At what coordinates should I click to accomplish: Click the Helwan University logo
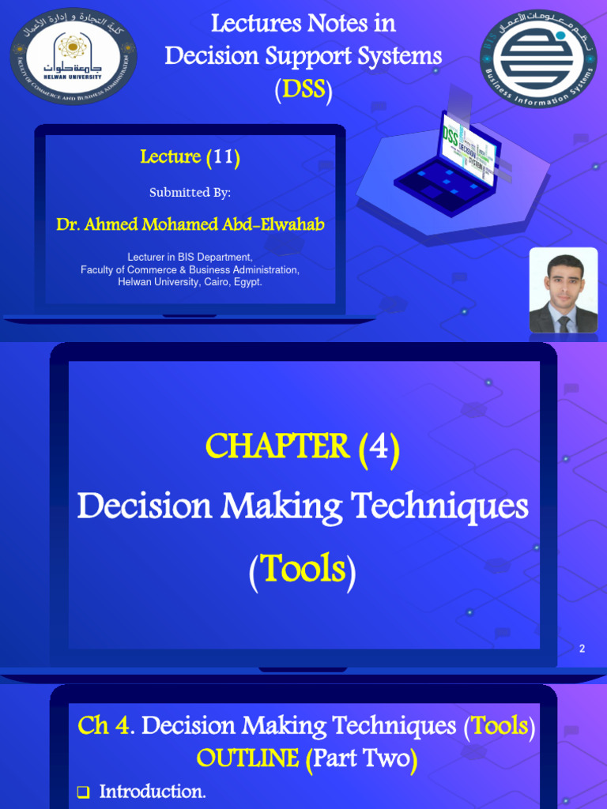(74, 55)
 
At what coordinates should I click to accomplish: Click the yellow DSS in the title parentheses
(303, 89)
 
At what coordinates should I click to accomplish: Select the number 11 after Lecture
(222, 157)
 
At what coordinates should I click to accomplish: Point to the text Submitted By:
(190, 193)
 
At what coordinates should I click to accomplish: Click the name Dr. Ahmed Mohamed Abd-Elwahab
(190, 224)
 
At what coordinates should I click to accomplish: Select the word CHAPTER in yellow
(277, 447)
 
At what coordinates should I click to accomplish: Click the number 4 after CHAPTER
(379, 448)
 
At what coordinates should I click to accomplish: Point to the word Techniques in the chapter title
(439, 506)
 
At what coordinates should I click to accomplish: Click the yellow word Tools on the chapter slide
(303, 569)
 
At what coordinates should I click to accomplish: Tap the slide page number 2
(582, 649)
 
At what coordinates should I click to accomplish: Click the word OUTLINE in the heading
(248, 758)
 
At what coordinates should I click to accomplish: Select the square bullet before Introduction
(84, 792)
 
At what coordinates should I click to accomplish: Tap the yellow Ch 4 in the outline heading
(104, 725)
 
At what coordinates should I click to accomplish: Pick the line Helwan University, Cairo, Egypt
(190, 282)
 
